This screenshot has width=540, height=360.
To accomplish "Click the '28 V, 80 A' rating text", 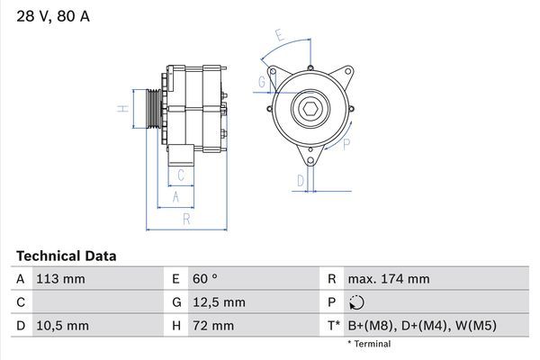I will point(53,17).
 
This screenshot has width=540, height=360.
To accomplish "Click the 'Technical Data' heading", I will point(66,256).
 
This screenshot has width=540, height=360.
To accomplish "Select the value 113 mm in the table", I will point(61,279).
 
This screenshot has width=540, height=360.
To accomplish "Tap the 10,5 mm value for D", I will point(64,325).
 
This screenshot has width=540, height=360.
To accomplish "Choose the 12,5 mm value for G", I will point(220,302).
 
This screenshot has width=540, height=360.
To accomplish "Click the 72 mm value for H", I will point(214,325).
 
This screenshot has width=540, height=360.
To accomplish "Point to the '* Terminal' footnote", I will point(369,344).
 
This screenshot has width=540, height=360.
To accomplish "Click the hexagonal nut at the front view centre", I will point(308,110).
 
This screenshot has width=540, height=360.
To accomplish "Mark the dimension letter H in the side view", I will point(122,109).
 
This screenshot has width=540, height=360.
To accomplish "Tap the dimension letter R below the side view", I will point(184,219).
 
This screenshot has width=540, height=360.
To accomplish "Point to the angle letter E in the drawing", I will point(280,37).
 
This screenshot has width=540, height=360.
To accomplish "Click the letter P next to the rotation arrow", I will point(346,143).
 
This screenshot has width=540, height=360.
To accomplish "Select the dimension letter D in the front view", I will point(300,181).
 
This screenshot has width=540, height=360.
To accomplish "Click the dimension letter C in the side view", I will point(181,175).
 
